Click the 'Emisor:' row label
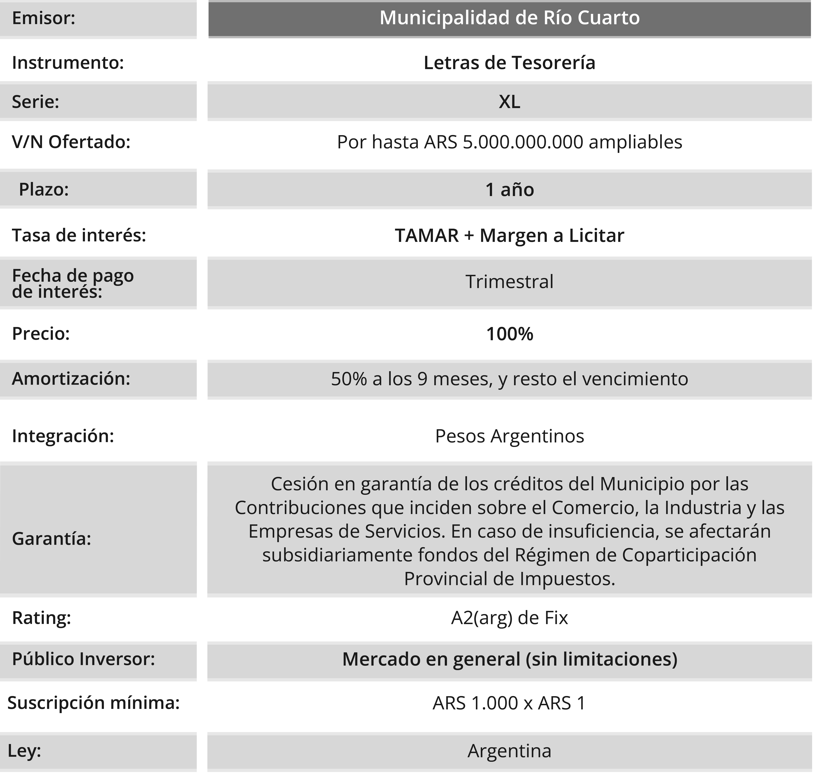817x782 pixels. click(x=43, y=18)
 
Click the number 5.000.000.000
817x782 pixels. click(x=523, y=142)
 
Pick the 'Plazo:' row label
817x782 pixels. click(x=44, y=190)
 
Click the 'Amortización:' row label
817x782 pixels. click(x=71, y=379)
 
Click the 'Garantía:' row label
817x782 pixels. click(x=51, y=539)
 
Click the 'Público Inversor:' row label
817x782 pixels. click(x=83, y=659)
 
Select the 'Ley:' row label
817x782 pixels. click(x=24, y=751)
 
